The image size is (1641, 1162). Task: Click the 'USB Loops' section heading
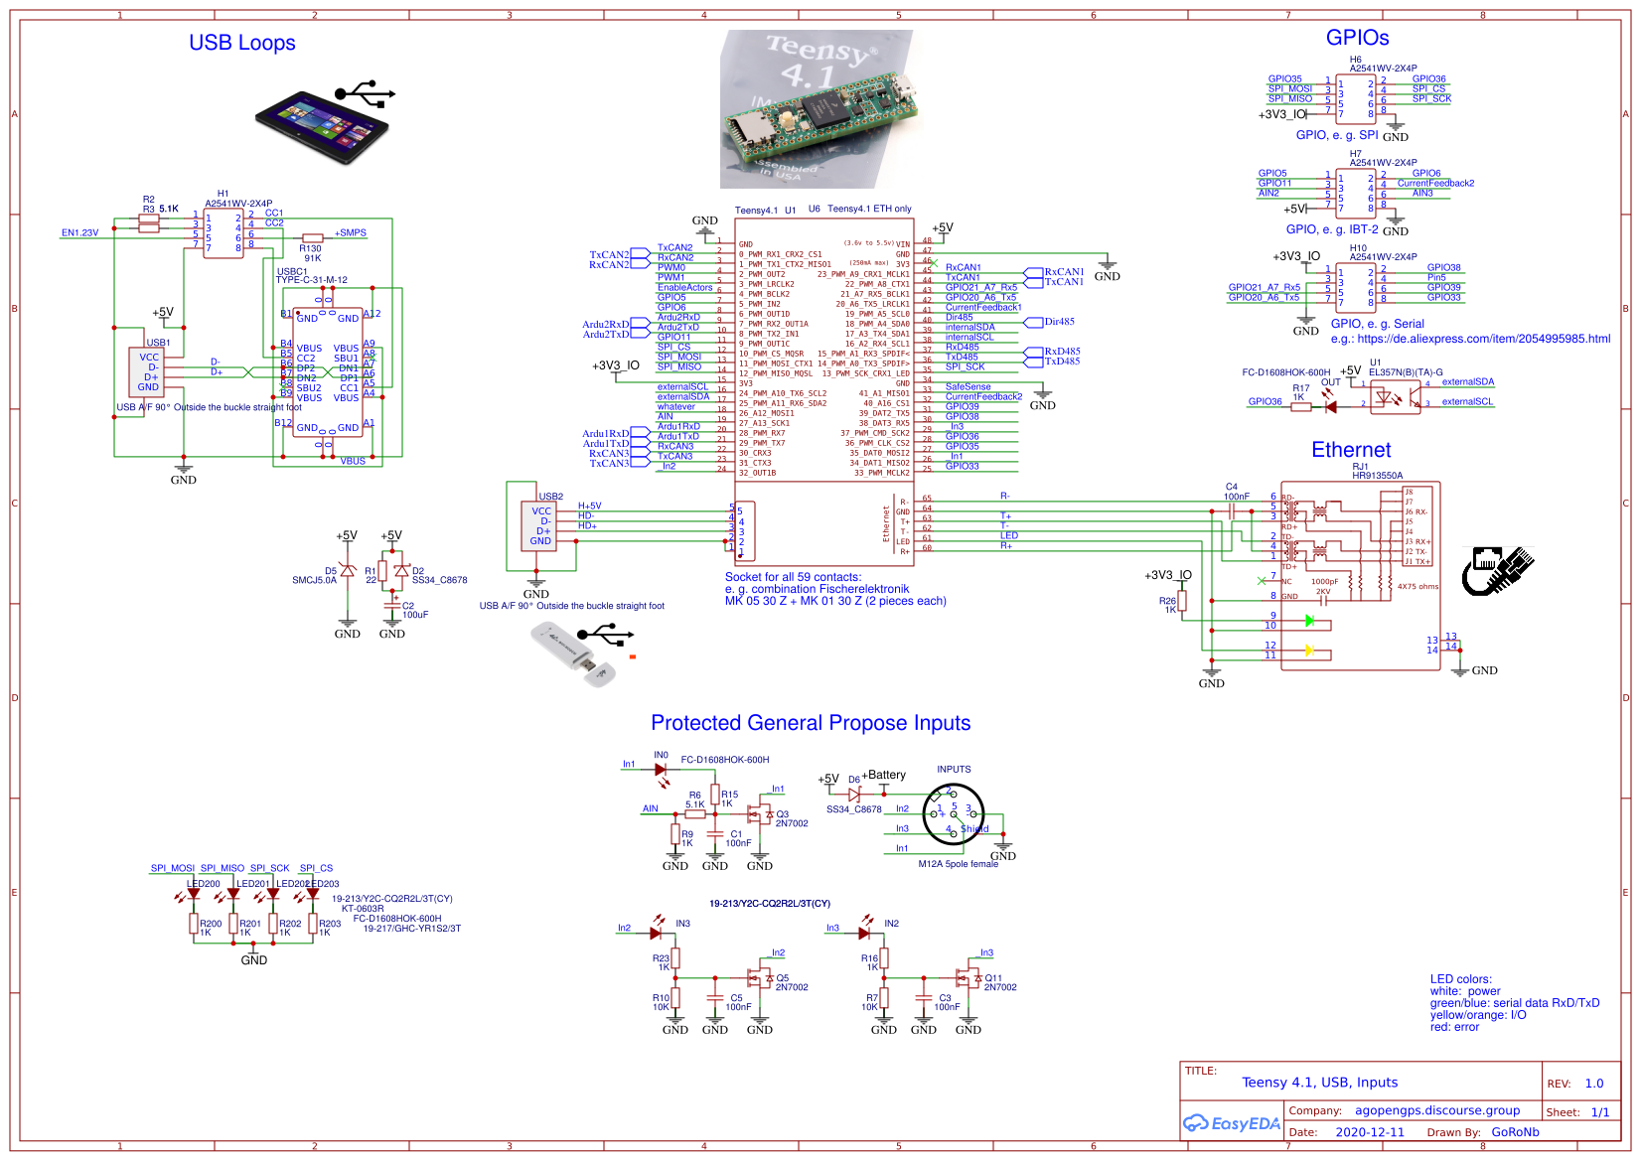coord(241,43)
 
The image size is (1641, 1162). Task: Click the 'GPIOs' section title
coord(1357,38)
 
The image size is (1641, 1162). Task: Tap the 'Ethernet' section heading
coord(1350,450)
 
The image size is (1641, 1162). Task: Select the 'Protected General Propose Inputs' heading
coord(811,723)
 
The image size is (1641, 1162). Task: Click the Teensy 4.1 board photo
coord(816,109)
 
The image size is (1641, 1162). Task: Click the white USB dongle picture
coord(574,653)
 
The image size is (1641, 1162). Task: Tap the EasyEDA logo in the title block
coord(1231,1123)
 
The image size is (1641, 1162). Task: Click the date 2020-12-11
coord(1370,1132)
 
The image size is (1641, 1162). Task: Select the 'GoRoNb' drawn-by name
coord(1515,1132)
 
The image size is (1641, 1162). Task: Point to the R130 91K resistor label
coord(311,253)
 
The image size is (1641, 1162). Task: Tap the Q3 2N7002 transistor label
coord(791,818)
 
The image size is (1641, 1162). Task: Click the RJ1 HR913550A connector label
coord(1376,471)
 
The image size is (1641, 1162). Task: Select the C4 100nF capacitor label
coord(1235,492)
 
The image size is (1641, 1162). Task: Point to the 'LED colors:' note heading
coord(1460,979)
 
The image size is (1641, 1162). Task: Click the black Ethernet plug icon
coord(1498,570)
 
